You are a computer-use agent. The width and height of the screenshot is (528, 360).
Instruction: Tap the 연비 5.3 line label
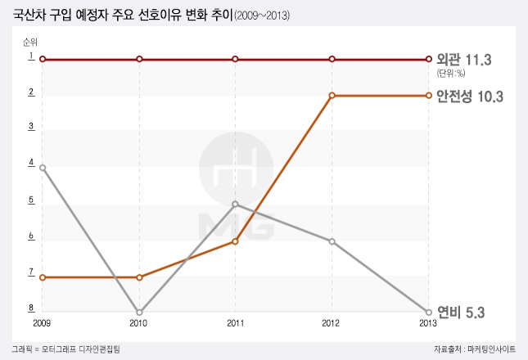click(462, 312)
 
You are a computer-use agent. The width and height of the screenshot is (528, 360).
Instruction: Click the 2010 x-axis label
click(139, 324)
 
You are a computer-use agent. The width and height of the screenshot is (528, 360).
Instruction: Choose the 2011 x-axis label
click(235, 324)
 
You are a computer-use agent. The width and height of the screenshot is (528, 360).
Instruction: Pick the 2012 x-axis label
click(332, 324)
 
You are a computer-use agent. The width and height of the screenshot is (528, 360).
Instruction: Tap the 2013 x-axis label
click(427, 324)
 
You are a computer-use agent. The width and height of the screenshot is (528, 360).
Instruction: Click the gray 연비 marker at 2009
click(42, 168)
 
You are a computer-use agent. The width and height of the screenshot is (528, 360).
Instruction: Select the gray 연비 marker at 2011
click(235, 204)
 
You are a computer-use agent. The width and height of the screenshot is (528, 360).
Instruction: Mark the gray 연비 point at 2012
click(332, 241)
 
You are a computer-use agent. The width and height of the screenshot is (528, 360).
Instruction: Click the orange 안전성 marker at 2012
click(332, 96)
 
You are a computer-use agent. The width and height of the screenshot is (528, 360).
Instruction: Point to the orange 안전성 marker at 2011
click(235, 241)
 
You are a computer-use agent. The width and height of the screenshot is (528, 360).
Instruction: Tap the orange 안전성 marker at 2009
click(42, 277)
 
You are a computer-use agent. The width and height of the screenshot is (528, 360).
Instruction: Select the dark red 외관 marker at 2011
click(235, 59)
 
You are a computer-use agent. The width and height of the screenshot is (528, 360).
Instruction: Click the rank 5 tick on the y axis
click(30, 200)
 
